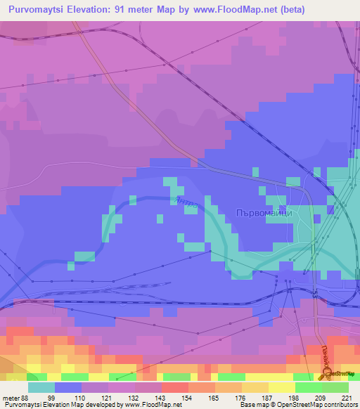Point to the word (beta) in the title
290,10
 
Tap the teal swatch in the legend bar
41,387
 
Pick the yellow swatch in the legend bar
281,387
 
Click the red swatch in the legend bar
174,387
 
